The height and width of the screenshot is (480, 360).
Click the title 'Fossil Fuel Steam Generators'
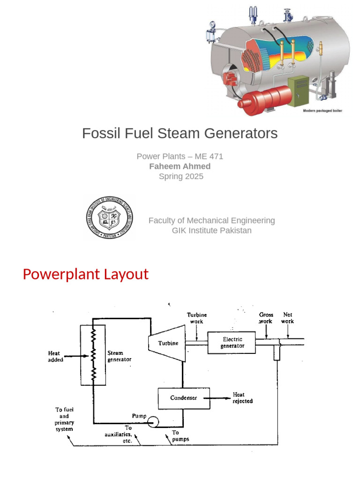click(x=180, y=133)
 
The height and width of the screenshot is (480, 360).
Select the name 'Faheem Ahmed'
click(x=180, y=166)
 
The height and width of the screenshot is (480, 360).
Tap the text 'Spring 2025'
click(x=181, y=177)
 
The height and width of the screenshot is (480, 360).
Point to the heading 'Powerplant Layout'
click(x=85, y=274)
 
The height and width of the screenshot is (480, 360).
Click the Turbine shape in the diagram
click(x=166, y=343)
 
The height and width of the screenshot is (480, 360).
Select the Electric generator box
click(x=232, y=343)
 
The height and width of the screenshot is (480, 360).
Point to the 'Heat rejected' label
click(x=243, y=398)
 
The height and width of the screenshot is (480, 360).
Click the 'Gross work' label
click(x=266, y=318)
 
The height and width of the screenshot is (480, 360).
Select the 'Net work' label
click(x=287, y=318)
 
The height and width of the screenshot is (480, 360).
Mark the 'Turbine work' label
click(x=197, y=318)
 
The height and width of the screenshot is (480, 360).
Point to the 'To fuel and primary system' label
click(x=64, y=419)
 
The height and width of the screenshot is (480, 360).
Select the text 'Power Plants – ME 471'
click(x=180, y=157)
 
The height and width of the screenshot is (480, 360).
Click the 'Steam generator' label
click(x=119, y=356)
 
